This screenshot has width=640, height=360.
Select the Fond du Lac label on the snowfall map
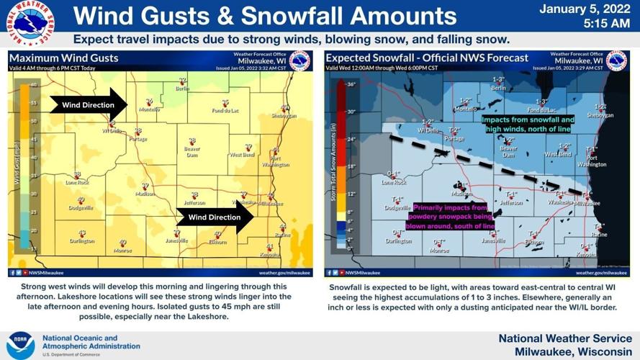(x=541, y=110)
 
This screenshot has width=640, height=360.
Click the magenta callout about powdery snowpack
(x=451, y=216)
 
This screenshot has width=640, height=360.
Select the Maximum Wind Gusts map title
(x=65, y=58)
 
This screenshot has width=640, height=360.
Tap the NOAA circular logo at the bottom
(x=19, y=345)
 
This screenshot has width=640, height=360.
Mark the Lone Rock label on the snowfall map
(x=394, y=182)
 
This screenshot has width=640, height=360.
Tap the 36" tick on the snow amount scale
(x=352, y=85)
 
